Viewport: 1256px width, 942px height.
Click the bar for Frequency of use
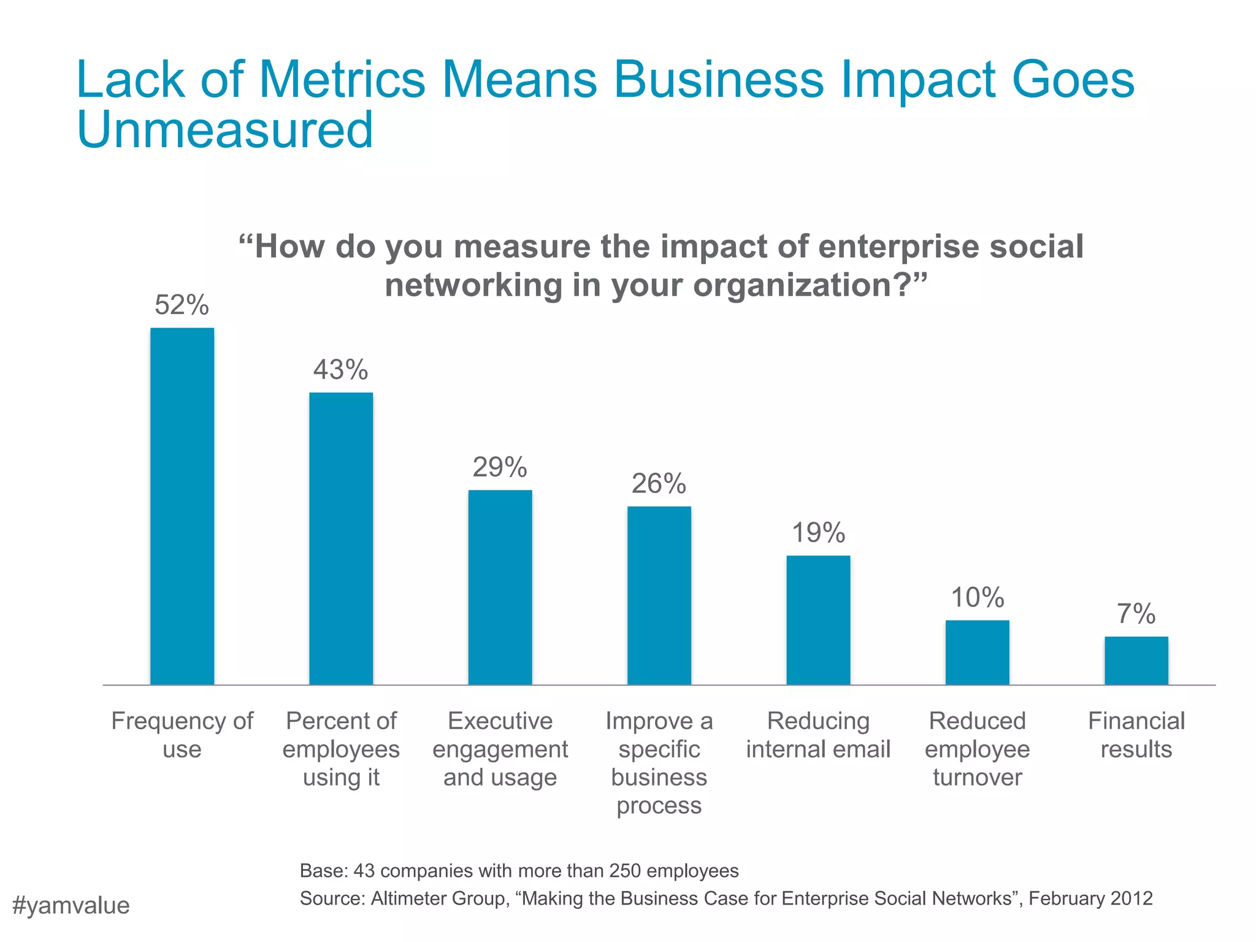(x=182, y=506)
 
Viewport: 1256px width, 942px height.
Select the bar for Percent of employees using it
(x=341, y=538)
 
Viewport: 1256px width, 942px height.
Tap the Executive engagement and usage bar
(x=500, y=587)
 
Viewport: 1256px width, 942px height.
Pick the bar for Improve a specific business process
(x=659, y=595)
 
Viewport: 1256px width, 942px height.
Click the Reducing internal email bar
(x=818, y=619)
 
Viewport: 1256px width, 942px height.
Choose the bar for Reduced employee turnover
(x=977, y=652)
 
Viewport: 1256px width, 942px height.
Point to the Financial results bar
(x=1136, y=660)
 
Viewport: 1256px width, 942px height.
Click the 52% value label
(x=182, y=305)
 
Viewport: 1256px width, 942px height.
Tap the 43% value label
(x=341, y=370)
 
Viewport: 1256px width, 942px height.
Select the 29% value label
(x=500, y=467)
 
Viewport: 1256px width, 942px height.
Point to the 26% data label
(x=659, y=484)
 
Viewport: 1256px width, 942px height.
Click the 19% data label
(x=818, y=533)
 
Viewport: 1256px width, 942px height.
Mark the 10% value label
(x=977, y=597)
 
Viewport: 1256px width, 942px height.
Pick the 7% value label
(x=1136, y=614)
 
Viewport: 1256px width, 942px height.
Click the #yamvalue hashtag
(x=71, y=906)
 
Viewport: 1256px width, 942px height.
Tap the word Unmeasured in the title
(x=225, y=130)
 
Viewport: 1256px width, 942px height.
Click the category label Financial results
(x=1136, y=735)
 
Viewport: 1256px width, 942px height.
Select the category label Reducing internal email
(x=818, y=735)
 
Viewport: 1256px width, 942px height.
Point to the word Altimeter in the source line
(x=409, y=898)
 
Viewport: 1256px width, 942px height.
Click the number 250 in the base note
(x=625, y=871)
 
